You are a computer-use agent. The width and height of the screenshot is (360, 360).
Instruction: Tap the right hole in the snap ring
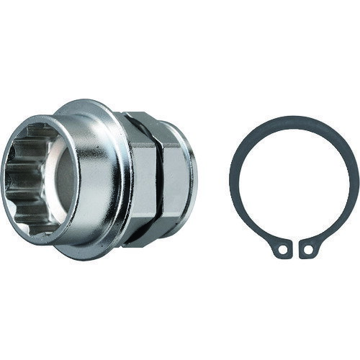[308, 251]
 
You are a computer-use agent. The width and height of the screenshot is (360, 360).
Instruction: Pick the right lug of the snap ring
[309, 249]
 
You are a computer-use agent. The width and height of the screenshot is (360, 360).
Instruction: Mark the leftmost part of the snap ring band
[234, 180]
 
